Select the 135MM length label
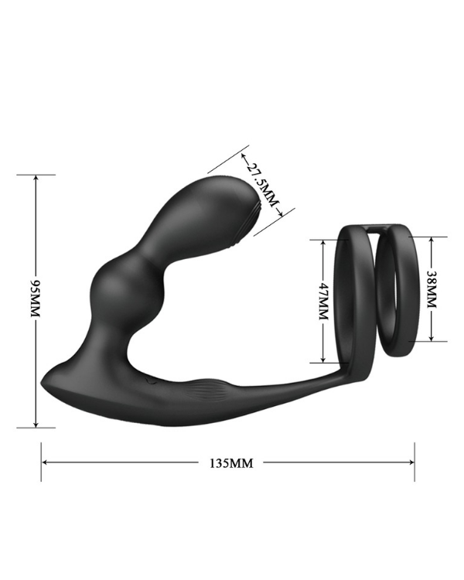click(x=231, y=463)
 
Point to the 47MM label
click(x=323, y=301)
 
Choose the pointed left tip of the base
click(x=45, y=384)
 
